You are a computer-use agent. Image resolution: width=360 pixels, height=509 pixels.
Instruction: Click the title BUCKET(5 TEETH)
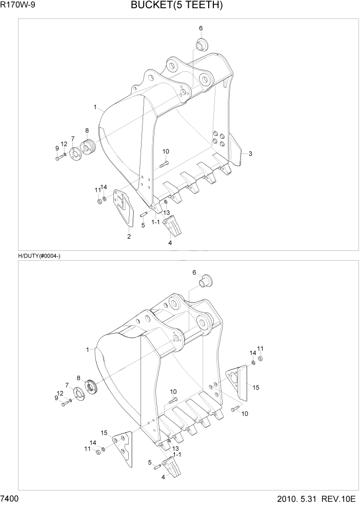tap(176, 6)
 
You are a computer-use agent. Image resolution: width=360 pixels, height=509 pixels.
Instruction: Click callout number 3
tap(250, 153)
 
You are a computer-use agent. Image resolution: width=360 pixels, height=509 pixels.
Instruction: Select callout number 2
tap(129, 237)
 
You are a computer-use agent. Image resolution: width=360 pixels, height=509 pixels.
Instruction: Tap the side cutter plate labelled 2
tap(123, 206)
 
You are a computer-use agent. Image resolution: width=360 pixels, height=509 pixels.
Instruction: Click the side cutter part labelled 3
tap(234, 149)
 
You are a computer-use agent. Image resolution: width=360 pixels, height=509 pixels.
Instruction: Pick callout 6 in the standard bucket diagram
tap(201, 28)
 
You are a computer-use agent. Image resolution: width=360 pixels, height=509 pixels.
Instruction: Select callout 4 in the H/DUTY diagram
tap(163, 477)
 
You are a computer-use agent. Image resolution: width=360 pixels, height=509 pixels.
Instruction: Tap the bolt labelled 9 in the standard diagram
tap(58, 158)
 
